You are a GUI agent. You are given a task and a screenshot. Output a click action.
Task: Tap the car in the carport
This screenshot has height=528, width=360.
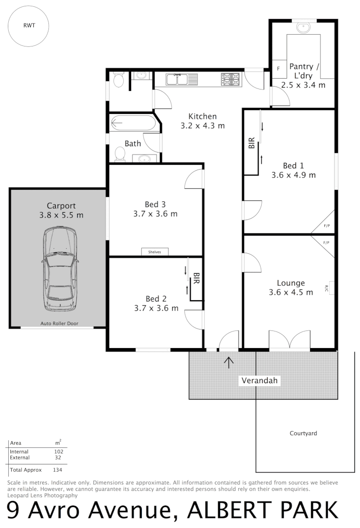[60, 269]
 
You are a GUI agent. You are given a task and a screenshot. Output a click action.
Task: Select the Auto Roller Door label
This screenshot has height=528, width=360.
[59, 323]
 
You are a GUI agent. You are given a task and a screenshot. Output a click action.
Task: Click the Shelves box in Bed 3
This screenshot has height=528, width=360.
[155, 252]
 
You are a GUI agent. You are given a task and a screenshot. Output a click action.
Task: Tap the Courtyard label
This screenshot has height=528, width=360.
[303, 433]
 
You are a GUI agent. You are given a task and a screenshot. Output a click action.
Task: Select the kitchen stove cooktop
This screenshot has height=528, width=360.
[231, 79]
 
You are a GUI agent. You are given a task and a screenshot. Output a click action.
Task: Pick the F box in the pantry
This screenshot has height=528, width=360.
[279, 69]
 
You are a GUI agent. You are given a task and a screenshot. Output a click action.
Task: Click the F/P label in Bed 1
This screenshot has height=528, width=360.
[327, 226]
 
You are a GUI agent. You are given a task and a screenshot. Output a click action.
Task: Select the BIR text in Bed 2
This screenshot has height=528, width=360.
[196, 278]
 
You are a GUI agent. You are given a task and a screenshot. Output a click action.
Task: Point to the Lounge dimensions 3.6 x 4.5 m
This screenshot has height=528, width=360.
[291, 292]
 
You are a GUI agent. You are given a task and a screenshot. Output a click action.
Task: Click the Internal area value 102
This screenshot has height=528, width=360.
[59, 452]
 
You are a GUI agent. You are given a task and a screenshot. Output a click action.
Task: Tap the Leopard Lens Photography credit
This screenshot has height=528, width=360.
[43, 495]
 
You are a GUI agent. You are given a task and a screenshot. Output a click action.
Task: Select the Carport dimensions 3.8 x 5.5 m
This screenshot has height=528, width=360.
[61, 215]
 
